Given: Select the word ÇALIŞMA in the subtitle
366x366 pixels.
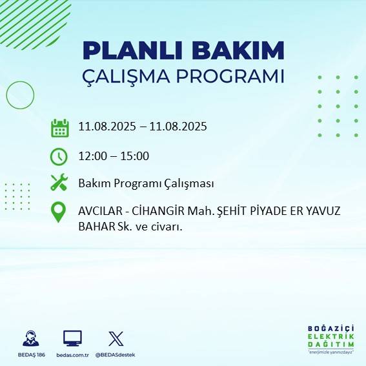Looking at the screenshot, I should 133,76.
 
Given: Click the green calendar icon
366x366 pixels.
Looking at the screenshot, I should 59,128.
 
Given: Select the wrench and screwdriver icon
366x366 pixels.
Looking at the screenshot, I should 59,183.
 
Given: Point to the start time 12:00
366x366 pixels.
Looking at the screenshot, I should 92,156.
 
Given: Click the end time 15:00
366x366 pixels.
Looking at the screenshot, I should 136,156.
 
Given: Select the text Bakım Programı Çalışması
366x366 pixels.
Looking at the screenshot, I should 146,183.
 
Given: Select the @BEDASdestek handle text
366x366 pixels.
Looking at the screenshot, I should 116,355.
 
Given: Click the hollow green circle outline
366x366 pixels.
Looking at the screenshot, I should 19,95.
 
